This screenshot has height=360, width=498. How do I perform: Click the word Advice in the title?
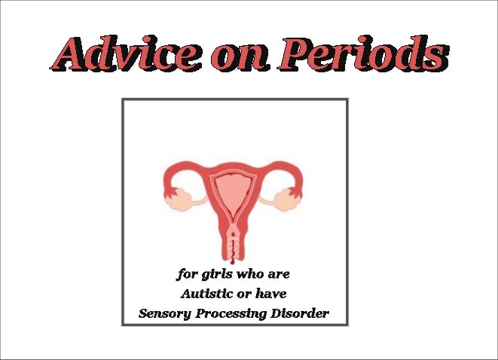126,53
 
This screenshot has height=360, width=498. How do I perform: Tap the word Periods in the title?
363,53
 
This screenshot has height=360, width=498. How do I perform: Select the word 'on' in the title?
240,59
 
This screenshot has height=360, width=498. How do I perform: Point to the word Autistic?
206,294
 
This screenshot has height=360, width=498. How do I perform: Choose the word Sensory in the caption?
165,314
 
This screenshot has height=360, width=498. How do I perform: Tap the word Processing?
231,314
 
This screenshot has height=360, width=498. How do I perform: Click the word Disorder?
300,313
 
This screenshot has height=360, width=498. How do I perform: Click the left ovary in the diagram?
179,200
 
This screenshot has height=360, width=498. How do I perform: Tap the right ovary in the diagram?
288,200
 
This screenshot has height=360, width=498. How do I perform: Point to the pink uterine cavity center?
234,191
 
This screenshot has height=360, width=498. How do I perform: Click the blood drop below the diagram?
233,262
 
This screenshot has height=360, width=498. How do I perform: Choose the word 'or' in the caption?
245,294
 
